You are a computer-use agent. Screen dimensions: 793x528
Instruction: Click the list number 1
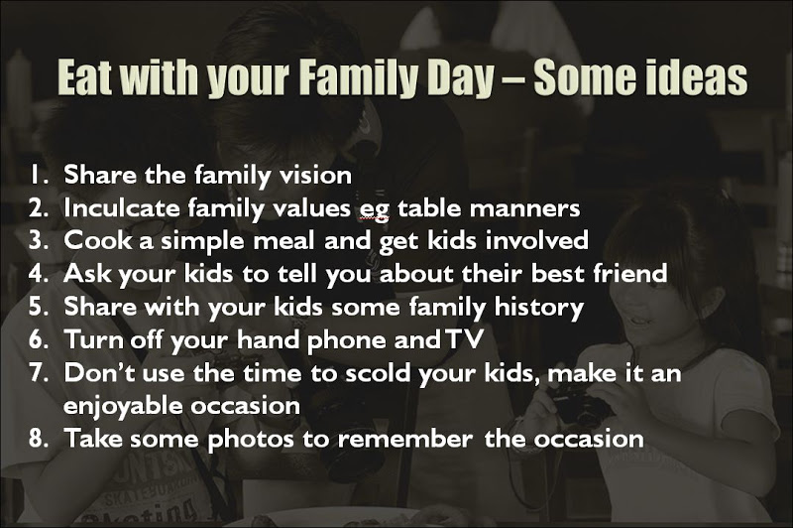click(x=39, y=175)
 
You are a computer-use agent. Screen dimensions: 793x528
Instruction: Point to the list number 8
click(x=39, y=438)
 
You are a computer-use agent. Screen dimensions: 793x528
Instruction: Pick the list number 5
click(x=39, y=307)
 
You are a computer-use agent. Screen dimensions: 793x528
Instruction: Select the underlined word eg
click(x=374, y=210)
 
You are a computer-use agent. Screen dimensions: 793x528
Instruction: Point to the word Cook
click(x=98, y=240)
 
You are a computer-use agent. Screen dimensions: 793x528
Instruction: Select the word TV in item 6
click(x=465, y=339)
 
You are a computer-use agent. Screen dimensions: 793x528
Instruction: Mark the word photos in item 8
click(x=251, y=440)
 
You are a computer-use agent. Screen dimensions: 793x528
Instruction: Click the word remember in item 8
click(x=405, y=438)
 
